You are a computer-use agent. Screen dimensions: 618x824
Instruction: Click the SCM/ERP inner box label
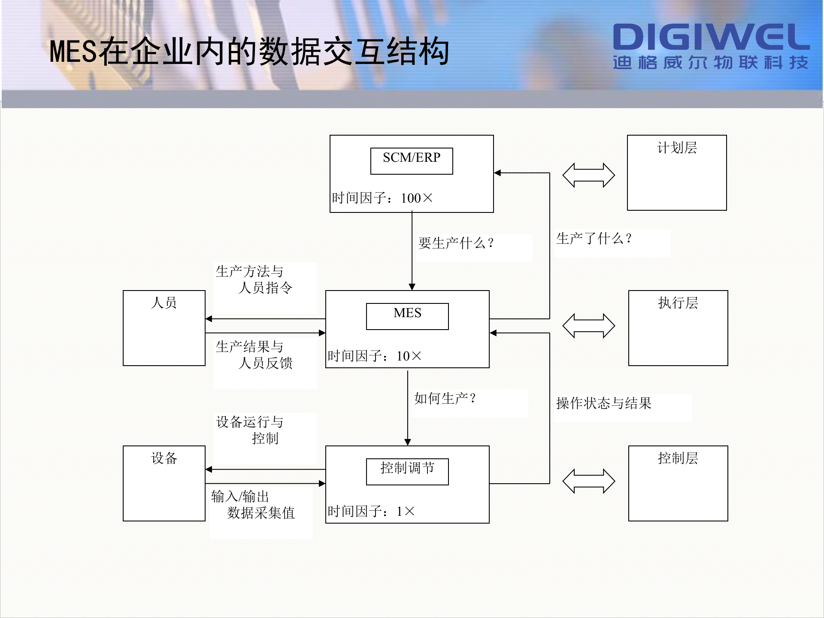(412, 158)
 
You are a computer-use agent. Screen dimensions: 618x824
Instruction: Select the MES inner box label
(407, 313)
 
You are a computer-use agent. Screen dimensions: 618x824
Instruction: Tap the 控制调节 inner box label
(407, 468)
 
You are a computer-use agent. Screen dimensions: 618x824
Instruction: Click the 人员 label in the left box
(164, 303)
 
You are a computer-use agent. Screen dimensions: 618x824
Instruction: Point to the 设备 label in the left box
(164, 458)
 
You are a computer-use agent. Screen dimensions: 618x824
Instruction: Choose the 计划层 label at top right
(677, 148)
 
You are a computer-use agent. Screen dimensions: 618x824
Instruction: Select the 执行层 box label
(678, 303)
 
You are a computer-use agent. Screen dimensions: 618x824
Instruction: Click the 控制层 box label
(678, 458)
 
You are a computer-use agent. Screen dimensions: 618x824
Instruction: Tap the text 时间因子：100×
(382, 198)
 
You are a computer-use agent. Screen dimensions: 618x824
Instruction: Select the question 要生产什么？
(456, 243)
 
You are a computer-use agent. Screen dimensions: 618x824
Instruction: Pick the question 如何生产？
(445, 399)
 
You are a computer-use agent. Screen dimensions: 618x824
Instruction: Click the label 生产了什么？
(594, 239)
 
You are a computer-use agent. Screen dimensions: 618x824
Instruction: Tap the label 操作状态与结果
(603, 403)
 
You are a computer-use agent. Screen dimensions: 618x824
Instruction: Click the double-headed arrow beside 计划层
(588, 175)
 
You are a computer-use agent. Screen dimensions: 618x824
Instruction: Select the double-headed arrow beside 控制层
(588, 481)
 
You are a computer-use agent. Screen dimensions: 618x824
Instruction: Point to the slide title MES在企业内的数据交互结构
(249, 52)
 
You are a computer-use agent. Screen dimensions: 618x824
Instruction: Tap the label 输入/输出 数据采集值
(253, 505)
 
